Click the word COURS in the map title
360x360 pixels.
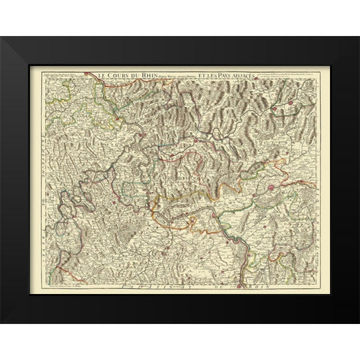[x=115, y=74]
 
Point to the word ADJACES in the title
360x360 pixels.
[x=259, y=74]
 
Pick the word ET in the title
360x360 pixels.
[x=207, y=74]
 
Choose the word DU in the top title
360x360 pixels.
[x=130, y=74]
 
